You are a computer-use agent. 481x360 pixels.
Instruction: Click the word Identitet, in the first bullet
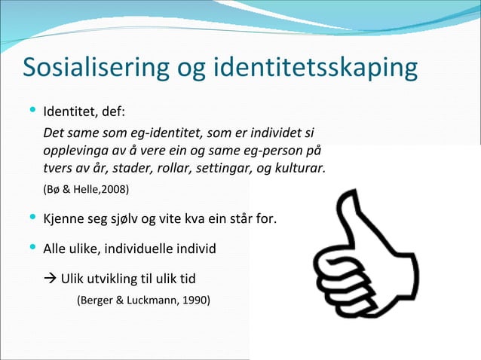(x=71, y=114)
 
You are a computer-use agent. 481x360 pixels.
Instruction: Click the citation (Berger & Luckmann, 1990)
(x=144, y=301)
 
